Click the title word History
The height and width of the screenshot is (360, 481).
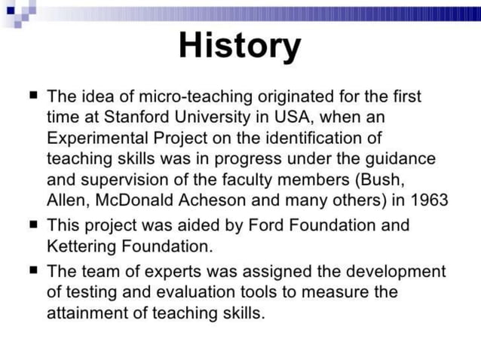pos(240,46)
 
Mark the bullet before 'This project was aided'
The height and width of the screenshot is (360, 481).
pos(32,224)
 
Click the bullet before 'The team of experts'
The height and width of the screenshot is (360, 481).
pos(32,270)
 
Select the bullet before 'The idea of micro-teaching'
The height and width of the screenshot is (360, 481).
pos(32,96)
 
